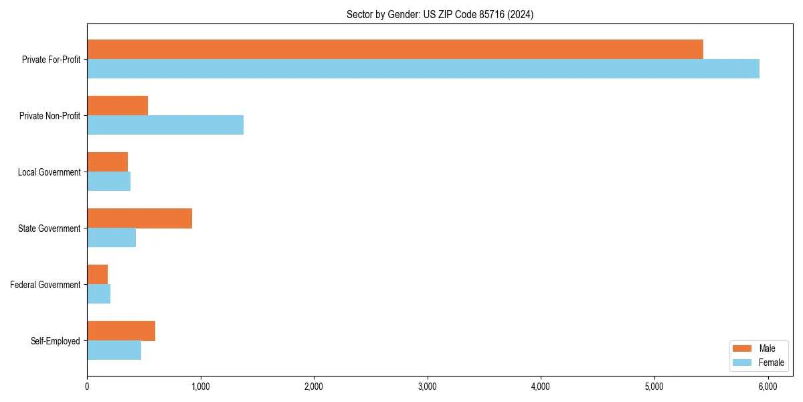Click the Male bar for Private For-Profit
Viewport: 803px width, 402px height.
[x=395, y=50]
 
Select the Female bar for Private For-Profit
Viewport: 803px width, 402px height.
[x=423, y=69]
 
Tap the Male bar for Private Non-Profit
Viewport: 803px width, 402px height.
[x=117, y=106]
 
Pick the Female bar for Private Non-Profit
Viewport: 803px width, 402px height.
[x=165, y=125]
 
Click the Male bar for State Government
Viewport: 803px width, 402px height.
[x=139, y=218]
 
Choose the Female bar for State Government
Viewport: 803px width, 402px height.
[x=111, y=238]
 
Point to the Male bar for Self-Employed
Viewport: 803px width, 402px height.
[x=121, y=331]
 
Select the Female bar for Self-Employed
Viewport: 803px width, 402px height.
[x=114, y=350]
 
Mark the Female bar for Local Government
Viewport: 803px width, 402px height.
[x=108, y=182]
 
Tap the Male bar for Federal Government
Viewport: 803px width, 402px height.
[x=97, y=275]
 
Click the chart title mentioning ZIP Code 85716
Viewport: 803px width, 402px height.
[x=440, y=14]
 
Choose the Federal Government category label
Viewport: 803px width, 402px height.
[x=46, y=285]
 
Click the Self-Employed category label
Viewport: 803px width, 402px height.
[x=56, y=341]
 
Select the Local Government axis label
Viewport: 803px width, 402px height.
[x=50, y=172]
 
